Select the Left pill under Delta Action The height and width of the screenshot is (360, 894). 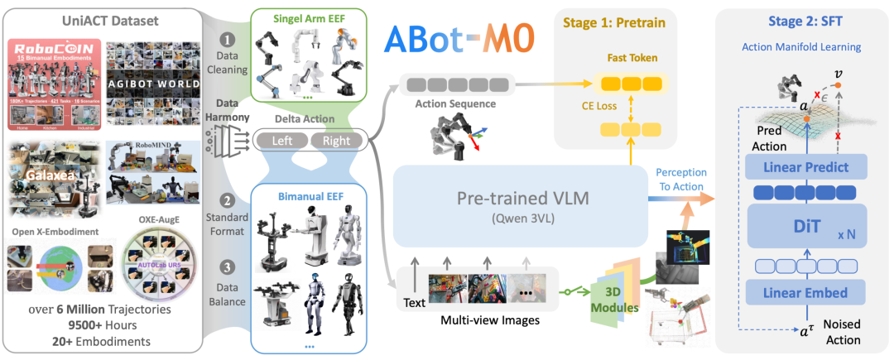pyautogui.click(x=281, y=141)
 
